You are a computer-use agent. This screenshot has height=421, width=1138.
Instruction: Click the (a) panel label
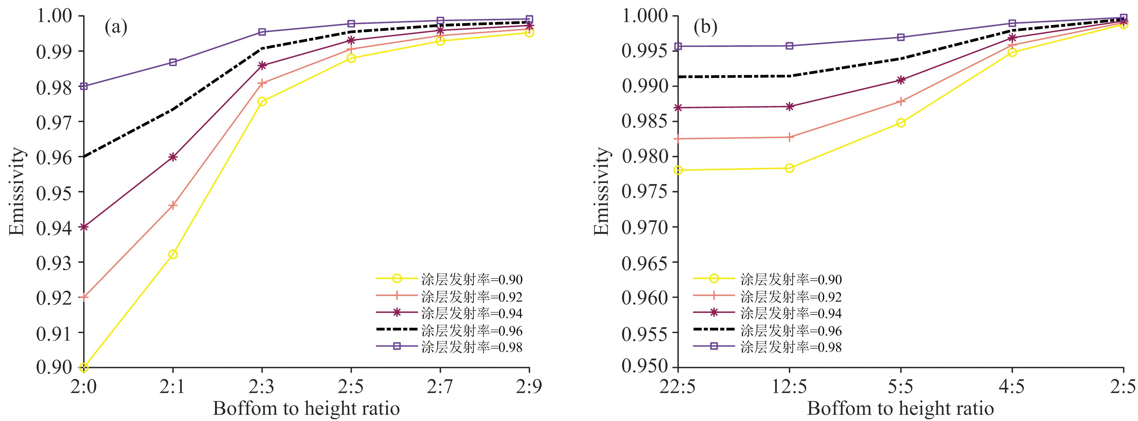click(x=116, y=27)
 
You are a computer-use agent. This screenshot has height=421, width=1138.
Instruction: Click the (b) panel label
click(x=705, y=27)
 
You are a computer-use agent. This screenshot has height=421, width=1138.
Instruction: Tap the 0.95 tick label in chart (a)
click(x=54, y=193)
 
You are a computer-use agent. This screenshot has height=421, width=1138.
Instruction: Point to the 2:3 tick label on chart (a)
click(x=262, y=387)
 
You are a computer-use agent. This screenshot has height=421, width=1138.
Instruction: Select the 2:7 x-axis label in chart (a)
click(x=440, y=387)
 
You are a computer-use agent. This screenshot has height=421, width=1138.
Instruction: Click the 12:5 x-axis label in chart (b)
click(x=789, y=387)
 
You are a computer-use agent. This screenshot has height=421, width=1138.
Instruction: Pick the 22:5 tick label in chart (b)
click(x=678, y=387)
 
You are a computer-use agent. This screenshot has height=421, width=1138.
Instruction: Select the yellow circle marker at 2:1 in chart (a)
click(x=173, y=254)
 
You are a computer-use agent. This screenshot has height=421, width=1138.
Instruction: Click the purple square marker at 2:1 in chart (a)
click(x=173, y=62)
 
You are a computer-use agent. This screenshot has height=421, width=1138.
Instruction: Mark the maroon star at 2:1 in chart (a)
click(x=173, y=157)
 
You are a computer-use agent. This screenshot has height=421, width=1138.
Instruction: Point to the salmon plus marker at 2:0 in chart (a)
click(x=84, y=297)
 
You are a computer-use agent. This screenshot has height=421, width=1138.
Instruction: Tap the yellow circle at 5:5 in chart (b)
click(x=901, y=123)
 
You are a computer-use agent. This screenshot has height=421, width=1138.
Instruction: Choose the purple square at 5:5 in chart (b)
click(x=901, y=37)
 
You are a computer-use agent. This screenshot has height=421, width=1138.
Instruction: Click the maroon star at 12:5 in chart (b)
click(x=789, y=107)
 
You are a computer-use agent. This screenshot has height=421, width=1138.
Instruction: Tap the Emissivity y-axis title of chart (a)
click(x=17, y=191)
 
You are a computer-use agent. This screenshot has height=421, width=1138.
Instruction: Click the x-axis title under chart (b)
click(x=900, y=409)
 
